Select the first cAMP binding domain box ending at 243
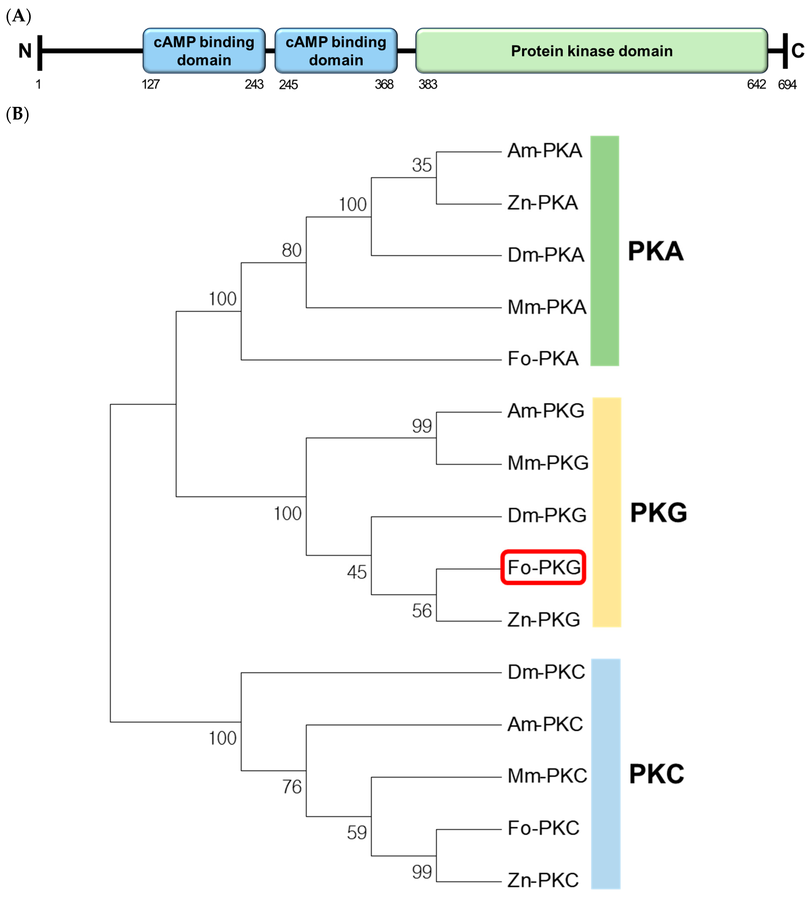[x=204, y=51]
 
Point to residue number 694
[x=787, y=85]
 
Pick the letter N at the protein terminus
[x=25, y=51]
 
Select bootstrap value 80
[x=291, y=250]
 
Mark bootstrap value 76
[x=291, y=787]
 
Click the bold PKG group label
[x=658, y=513]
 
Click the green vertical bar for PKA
[x=605, y=251]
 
